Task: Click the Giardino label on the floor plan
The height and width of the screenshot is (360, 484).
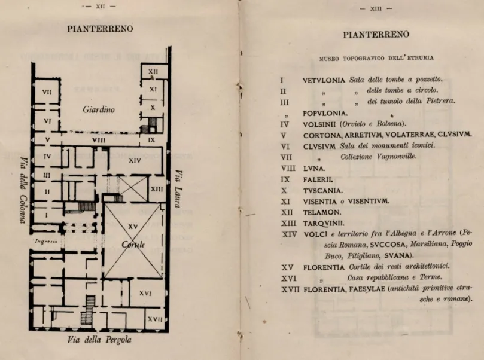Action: point(98,110)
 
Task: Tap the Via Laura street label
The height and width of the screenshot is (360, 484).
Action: point(177,189)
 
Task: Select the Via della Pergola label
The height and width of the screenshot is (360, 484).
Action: point(100,340)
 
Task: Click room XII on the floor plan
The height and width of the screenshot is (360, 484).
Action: point(153,71)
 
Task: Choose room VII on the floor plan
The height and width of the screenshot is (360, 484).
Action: point(47,92)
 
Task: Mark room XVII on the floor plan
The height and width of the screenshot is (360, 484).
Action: point(154,319)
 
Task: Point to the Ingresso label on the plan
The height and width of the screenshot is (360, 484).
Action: point(45,242)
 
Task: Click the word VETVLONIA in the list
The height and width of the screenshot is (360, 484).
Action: point(324,80)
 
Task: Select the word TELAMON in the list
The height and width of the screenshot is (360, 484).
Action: point(321,212)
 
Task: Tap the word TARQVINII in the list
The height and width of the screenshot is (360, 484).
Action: point(323,223)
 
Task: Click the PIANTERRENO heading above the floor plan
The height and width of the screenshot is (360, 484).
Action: point(100,29)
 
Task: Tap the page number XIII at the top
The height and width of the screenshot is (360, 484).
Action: point(376,8)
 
